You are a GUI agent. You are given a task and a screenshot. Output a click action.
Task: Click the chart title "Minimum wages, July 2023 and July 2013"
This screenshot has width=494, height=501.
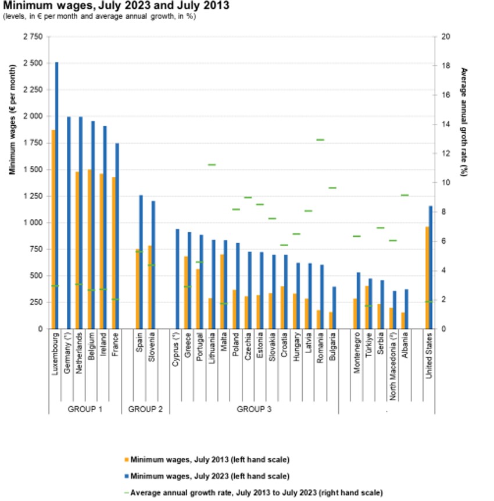[116, 6]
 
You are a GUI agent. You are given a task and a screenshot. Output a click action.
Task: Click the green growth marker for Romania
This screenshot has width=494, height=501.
[320, 140]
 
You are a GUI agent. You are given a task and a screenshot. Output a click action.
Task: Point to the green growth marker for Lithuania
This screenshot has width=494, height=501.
[212, 165]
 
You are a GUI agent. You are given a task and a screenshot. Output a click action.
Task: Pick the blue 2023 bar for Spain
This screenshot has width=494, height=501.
[141, 262]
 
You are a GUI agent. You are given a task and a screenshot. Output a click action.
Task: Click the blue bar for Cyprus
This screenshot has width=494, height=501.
[177, 279]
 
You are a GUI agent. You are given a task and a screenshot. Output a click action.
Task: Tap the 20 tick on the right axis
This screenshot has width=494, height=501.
[445, 37]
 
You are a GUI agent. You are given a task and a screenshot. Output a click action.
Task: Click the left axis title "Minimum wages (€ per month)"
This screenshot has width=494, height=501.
[12, 120]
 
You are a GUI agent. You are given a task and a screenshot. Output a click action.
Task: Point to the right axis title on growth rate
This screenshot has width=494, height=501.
[464, 122]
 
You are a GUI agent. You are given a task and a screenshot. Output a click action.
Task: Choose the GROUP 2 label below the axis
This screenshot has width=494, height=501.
[145, 409]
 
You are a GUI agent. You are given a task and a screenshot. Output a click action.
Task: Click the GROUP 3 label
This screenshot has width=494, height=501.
[254, 409]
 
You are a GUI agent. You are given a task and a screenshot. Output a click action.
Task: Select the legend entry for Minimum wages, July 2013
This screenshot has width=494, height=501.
[207, 460]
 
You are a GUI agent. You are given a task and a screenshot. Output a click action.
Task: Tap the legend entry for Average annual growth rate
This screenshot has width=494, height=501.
[253, 492]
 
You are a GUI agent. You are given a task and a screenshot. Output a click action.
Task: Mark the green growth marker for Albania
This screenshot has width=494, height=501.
[405, 195]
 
